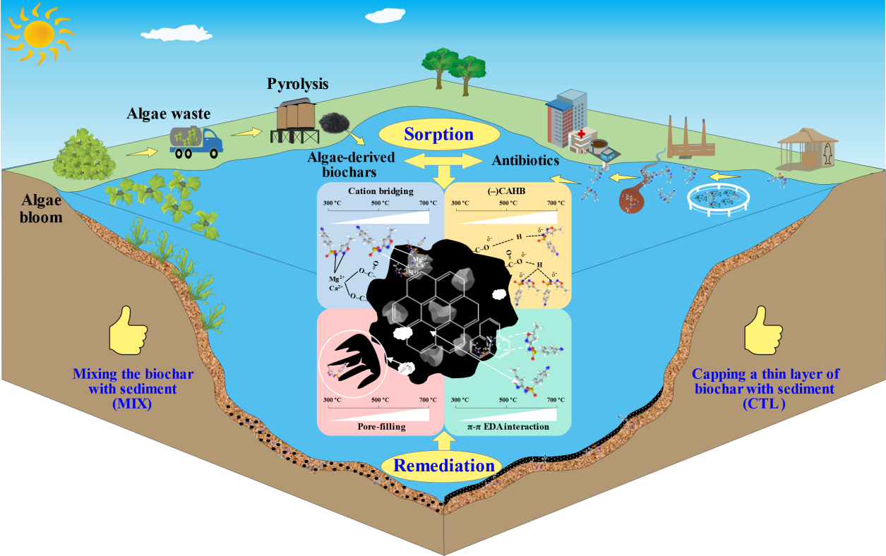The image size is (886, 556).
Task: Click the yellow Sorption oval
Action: pyautogui.click(x=438, y=134)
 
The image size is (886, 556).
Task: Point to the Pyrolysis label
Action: pyautogui.click(x=297, y=85)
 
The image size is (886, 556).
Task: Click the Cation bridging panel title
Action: pyautogui.click(x=381, y=191)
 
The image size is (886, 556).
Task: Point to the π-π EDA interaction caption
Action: pyautogui.click(x=506, y=426)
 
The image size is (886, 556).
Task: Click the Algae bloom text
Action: pyautogui.click(x=40, y=209)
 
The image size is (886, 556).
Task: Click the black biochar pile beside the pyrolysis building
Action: pyautogui.click(x=335, y=123)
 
